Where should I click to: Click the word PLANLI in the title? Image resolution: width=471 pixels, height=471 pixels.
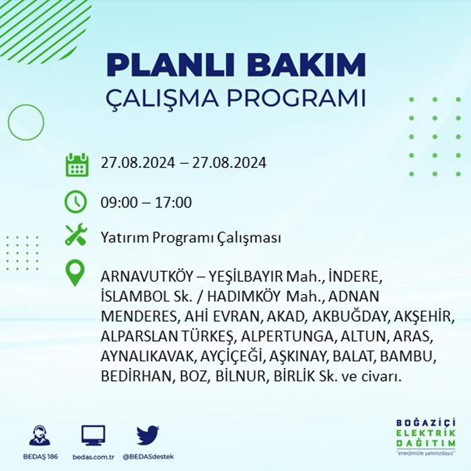(x=169, y=65)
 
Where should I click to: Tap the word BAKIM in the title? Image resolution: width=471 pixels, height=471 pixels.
(x=305, y=65)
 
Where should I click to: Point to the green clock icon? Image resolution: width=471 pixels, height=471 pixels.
(x=75, y=202)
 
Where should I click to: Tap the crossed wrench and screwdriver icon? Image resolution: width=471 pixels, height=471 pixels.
(x=76, y=235)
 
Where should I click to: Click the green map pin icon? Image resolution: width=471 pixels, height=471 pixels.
(x=75, y=273)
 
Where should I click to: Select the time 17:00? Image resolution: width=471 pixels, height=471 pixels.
(x=173, y=203)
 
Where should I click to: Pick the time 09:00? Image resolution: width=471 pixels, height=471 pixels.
(x=119, y=203)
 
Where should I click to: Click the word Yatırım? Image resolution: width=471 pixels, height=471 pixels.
(x=124, y=238)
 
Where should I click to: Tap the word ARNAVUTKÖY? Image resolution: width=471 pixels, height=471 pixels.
(x=146, y=277)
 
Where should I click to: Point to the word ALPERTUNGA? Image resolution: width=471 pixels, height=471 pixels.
(x=287, y=336)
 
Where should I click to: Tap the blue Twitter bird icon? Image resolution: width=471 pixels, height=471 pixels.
(x=148, y=435)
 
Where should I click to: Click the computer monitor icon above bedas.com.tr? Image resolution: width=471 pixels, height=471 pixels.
(x=94, y=435)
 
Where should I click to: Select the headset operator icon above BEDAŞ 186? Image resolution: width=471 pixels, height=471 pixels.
(x=40, y=435)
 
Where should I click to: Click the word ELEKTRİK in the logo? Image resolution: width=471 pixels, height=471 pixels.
(x=426, y=433)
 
